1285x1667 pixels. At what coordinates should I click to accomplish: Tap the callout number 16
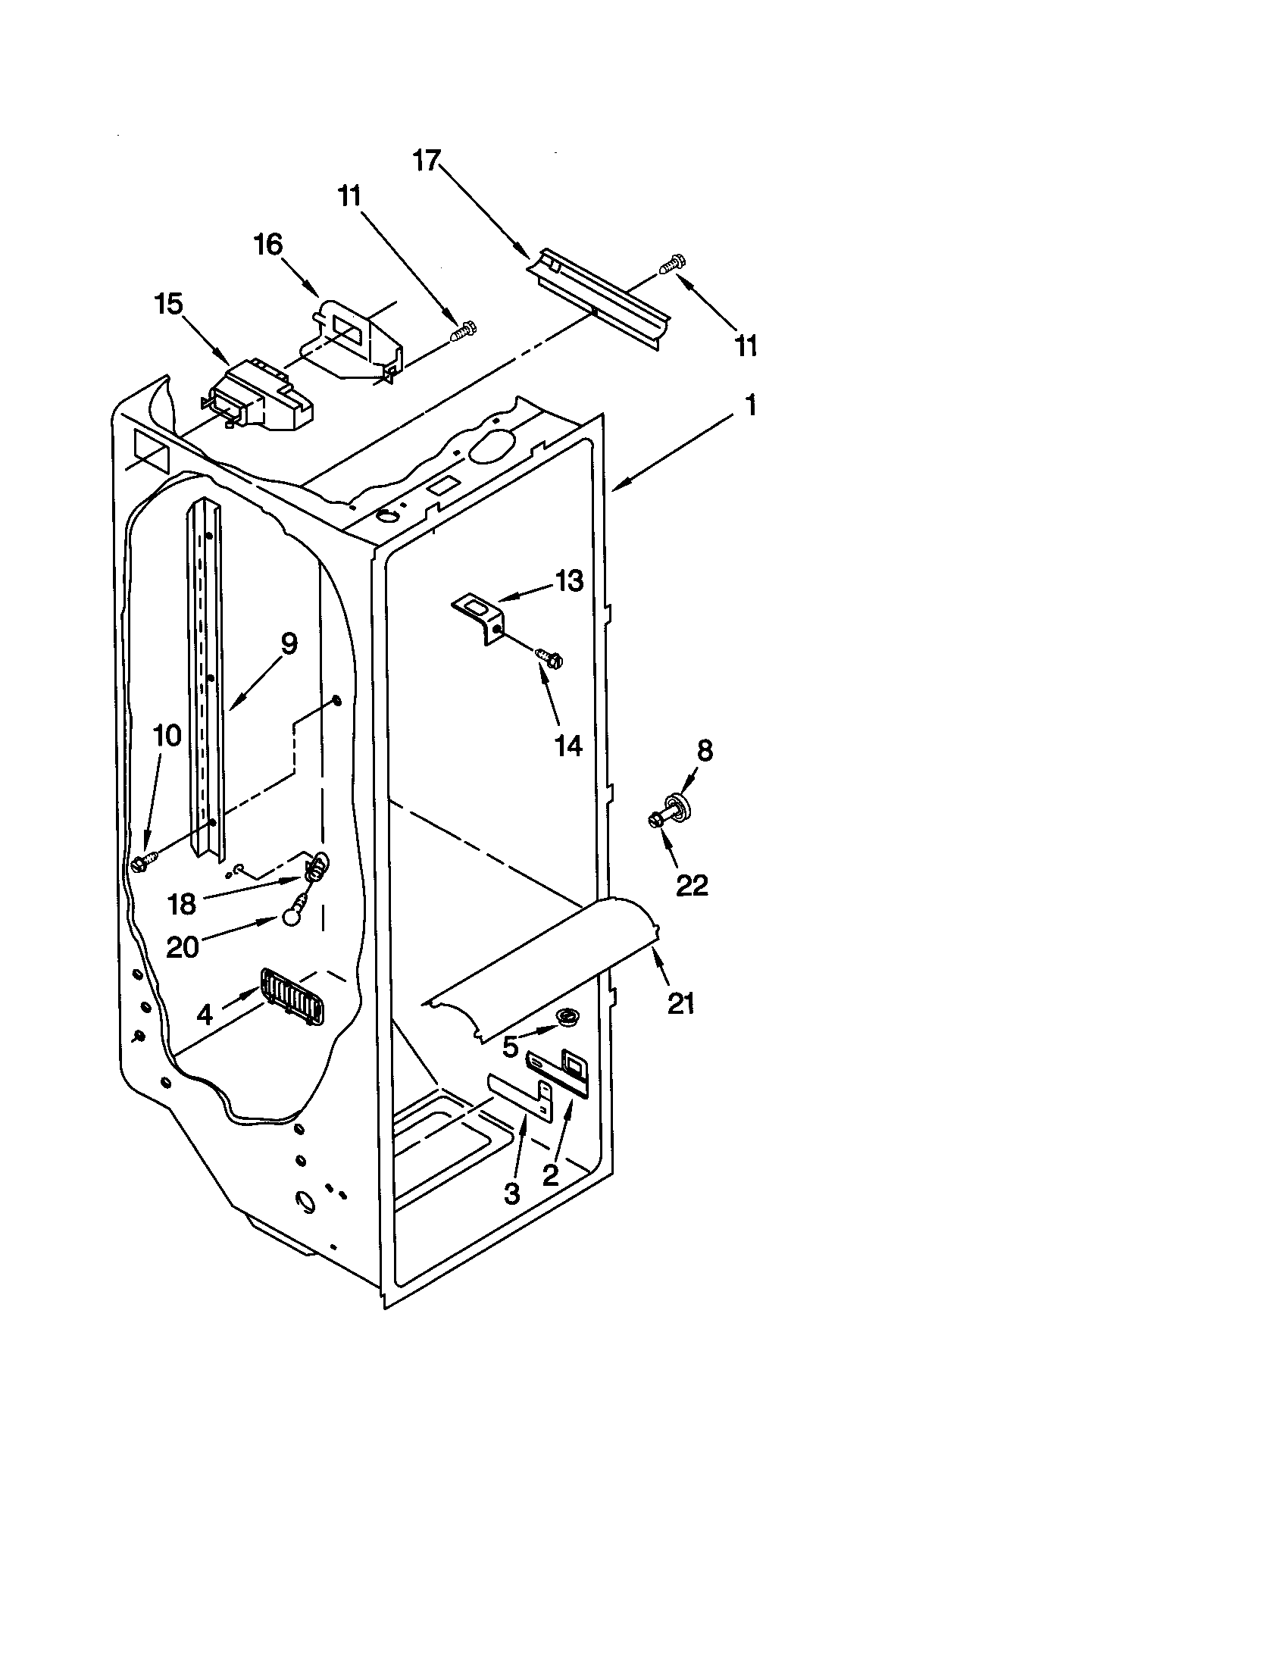(x=268, y=245)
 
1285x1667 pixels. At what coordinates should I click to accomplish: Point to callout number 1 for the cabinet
(x=751, y=405)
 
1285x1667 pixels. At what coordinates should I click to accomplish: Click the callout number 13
(x=568, y=581)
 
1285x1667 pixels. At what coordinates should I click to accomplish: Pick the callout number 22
(x=691, y=884)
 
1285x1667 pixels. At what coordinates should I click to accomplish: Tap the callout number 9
(x=289, y=643)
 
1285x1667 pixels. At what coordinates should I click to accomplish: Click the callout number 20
(x=183, y=947)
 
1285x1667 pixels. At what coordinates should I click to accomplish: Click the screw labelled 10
(x=140, y=862)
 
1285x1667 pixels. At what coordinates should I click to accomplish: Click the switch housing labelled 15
(x=259, y=400)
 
